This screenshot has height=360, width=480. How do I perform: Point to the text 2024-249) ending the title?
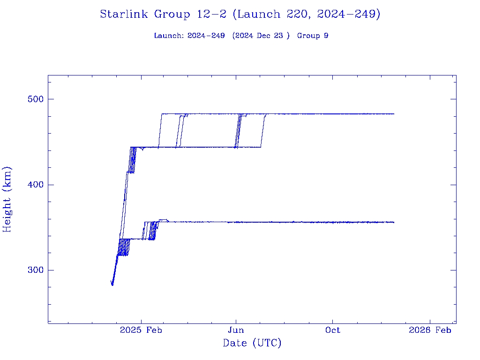pyautogui.click(x=348, y=15)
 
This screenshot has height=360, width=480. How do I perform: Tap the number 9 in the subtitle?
pyautogui.click(x=325, y=36)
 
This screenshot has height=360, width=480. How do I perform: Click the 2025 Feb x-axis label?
pyautogui.click(x=141, y=330)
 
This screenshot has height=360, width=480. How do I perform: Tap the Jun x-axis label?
pyautogui.click(x=236, y=330)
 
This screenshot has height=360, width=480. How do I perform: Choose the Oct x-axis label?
pyautogui.click(x=332, y=330)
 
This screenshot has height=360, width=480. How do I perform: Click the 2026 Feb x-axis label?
pyautogui.click(x=430, y=330)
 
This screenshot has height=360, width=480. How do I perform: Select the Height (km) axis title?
pyautogui.click(x=7, y=199)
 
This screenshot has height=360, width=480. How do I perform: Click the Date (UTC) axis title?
pyautogui.click(x=252, y=344)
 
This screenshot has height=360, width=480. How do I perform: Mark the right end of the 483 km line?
pyautogui.click(x=394, y=114)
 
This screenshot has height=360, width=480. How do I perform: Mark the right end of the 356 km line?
pyautogui.click(x=394, y=222)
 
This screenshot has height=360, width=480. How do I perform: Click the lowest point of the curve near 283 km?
pyautogui.click(x=112, y=285)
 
